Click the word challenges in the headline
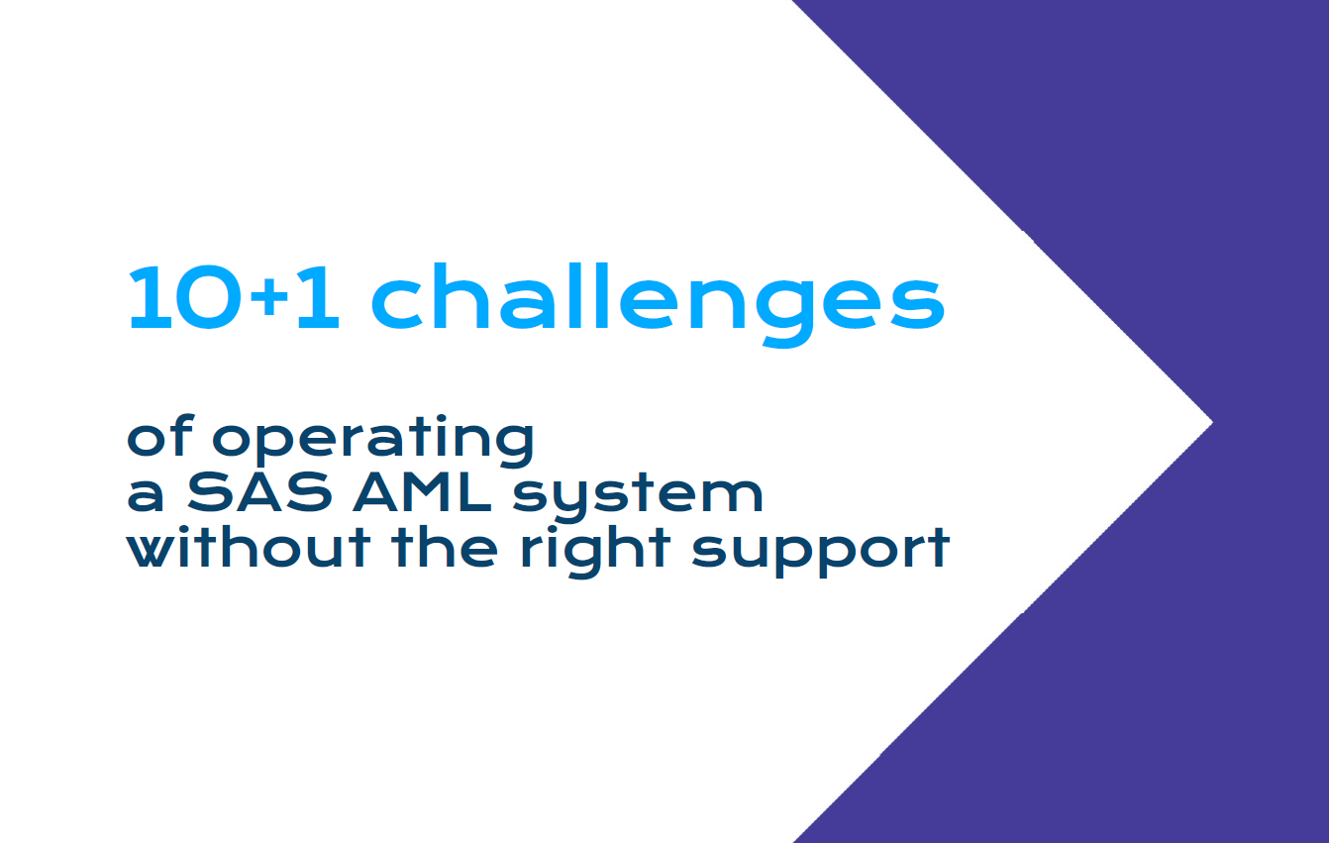pos(658,304)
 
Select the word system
pos(638,497)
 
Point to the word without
pos(249,547)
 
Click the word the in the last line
pos(445,547)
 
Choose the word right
pos(595,552)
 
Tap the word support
pos(821,553)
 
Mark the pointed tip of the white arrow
pos(1212,422)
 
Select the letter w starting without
pos(156,552)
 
